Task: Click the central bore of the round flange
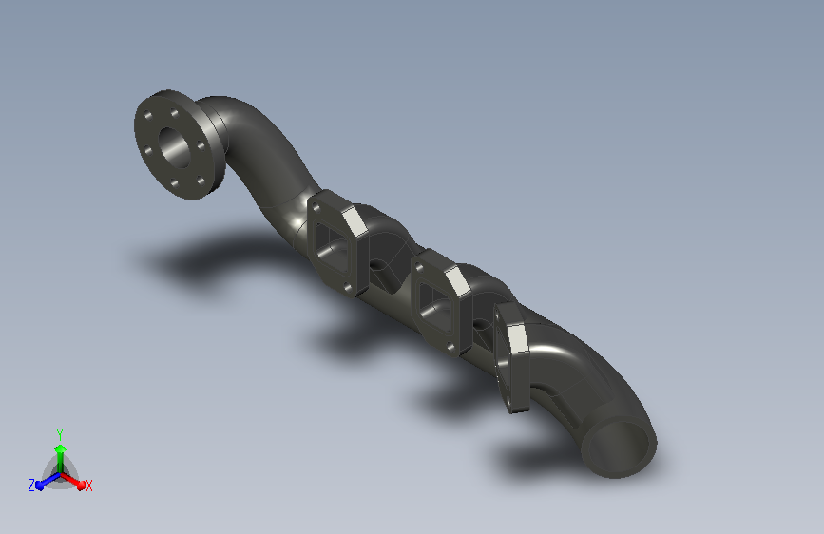[x=175, y=146]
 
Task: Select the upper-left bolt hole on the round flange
[x=148, y=115]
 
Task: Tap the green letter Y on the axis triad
[x=59, y=434]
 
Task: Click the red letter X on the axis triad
[x=88, y=486]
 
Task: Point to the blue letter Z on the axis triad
[x=31, y=486]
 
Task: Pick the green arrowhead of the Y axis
[x=60, y=448]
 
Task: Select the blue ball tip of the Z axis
[x=40, y=486]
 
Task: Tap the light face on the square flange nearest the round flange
[x=355, y=220]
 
